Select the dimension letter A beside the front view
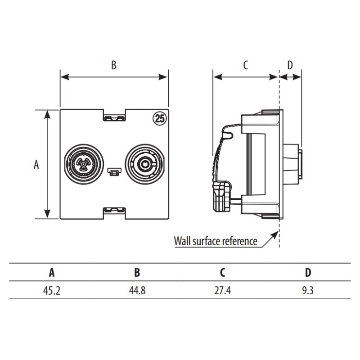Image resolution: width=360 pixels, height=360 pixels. (36, 165)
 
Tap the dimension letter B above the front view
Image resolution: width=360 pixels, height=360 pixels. (114, 65)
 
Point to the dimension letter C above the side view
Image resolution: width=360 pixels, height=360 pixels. (245, 65)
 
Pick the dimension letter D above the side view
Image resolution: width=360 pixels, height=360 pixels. (290, 65)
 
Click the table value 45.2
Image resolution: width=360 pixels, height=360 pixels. (52, 290)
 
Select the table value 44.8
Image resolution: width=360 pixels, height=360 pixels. (137, 290)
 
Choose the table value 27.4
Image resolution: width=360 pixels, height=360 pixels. (222, 290)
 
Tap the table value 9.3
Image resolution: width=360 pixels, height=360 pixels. (308, 290)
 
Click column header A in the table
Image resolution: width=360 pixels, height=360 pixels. (52, 272)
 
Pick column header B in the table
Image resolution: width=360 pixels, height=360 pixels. (137, 272)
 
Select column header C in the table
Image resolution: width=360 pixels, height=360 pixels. (222, 272)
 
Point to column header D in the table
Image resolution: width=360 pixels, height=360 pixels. (308, 272)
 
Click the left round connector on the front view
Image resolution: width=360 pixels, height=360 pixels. (84, 164)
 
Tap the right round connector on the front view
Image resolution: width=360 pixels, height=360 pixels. (144, 164)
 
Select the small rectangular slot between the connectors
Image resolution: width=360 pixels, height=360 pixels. (114, 171)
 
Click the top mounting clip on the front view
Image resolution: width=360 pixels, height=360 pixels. (114, 117)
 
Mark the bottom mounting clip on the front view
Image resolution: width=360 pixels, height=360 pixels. (114, 210)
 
